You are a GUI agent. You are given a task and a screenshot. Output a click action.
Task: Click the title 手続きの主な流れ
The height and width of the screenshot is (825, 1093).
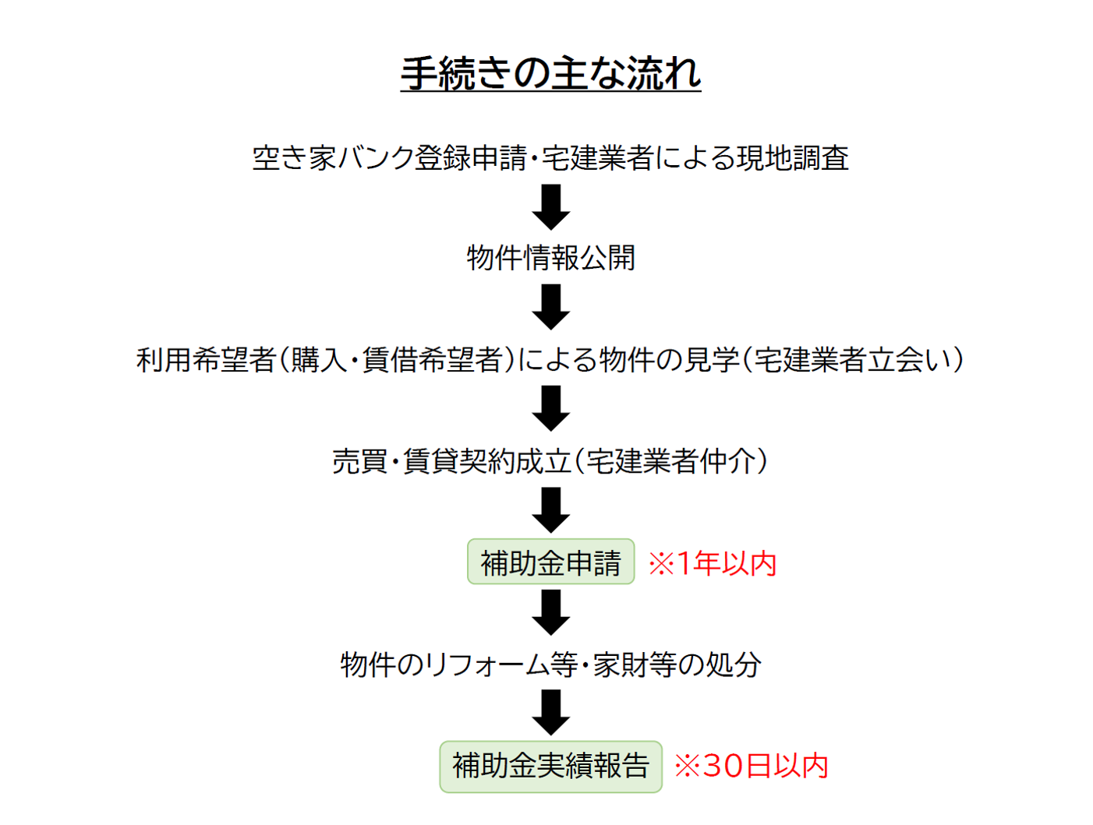[x=550, y=73]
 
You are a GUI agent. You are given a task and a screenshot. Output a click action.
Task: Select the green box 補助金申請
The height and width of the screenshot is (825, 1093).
[x=550, y=562]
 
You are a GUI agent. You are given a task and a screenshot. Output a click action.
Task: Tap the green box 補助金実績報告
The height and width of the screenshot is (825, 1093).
[x=550, y=766]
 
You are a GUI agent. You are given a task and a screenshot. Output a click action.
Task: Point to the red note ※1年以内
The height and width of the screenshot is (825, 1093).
[x=713, y=562]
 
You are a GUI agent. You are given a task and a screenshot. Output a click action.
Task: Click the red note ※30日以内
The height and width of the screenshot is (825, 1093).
[x=751, y=766]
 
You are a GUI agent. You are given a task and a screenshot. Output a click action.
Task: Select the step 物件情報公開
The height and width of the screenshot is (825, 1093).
[x=550, y=258]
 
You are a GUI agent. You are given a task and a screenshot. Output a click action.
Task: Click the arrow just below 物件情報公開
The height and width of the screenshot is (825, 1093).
[x=550, y=306]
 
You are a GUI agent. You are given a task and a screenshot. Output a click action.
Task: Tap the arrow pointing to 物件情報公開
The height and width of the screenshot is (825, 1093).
[x=550, y=206]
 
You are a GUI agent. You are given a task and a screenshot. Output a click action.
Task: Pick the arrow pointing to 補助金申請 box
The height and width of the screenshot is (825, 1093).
[x=550, y=509]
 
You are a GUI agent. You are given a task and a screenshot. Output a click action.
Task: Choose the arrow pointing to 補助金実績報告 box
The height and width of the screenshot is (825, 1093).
[x=550, y=712]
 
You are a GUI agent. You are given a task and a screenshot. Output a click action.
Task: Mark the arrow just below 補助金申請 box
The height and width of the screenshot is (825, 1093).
[x=550, y=612]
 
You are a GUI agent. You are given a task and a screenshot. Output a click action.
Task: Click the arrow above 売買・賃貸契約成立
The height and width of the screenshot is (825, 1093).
[x=550, y=408]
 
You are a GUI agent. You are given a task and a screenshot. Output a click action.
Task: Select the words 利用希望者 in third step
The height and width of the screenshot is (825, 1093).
[x=206, y=359]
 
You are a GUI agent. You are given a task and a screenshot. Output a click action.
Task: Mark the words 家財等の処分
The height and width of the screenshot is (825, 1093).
[x=677, y=665]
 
